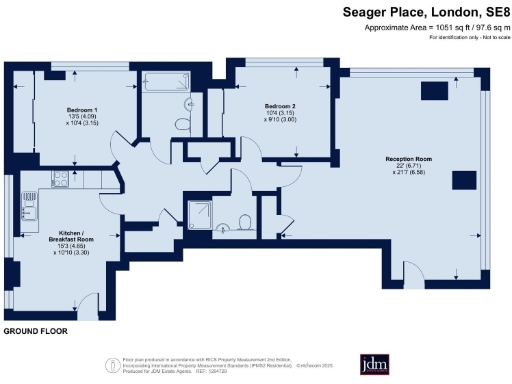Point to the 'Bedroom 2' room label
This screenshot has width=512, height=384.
281,106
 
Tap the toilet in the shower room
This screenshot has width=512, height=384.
244,221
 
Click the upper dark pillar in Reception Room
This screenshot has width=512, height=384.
434,90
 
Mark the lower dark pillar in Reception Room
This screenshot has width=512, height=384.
463,180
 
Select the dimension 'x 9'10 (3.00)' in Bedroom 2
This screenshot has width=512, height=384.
281,121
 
